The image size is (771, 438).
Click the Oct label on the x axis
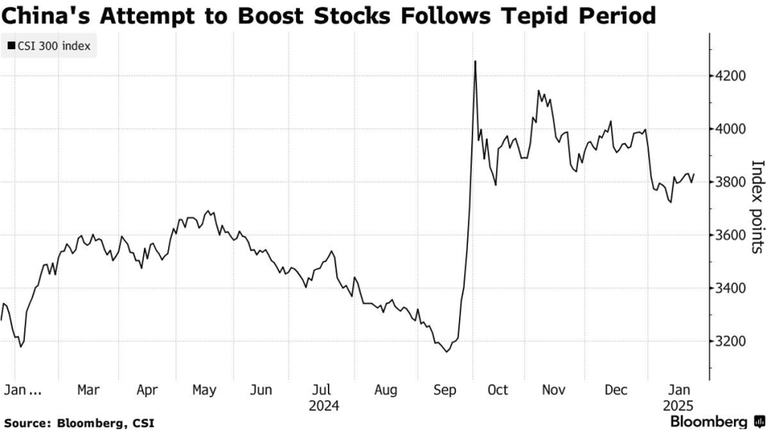click(497, 390)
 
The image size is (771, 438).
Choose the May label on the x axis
click(203, 390)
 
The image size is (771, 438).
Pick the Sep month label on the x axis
click(445, 390)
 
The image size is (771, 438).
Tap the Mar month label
click(89, 390)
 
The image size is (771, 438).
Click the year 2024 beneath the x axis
click(323, 406)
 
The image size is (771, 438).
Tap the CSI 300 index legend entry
click(54, 47)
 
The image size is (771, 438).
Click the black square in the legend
click(11, 47)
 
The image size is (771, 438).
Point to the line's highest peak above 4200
click(475, 62)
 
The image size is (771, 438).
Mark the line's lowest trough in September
click(448, 351)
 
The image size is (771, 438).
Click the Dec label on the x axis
click(616, 390)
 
